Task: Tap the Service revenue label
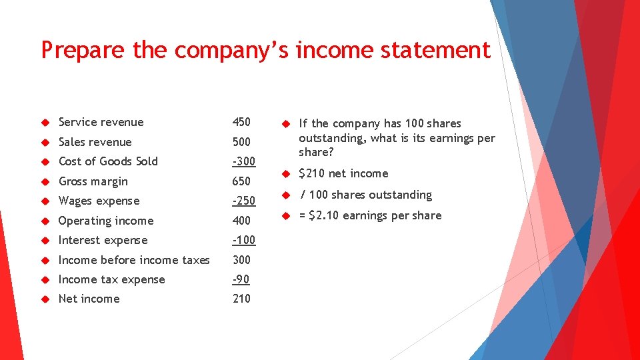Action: pos(101,122)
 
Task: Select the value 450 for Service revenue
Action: pos(241,122)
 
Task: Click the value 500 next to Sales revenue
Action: pos(241,142)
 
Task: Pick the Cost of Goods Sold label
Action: pos(108,161)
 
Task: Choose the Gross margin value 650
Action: pos(241,181)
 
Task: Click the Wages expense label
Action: pos(99,201)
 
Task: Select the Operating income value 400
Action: pos(241,221)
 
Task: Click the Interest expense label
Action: pos(103,240)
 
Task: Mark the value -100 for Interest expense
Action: pos(243,240)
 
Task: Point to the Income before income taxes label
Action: pos(134,260)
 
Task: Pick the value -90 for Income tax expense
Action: pos(241,279)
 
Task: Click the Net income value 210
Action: pos(241,299)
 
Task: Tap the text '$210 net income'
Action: pos(343,173)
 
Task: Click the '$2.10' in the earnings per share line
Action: pos(325,215)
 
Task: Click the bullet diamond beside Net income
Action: pos(46,299)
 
